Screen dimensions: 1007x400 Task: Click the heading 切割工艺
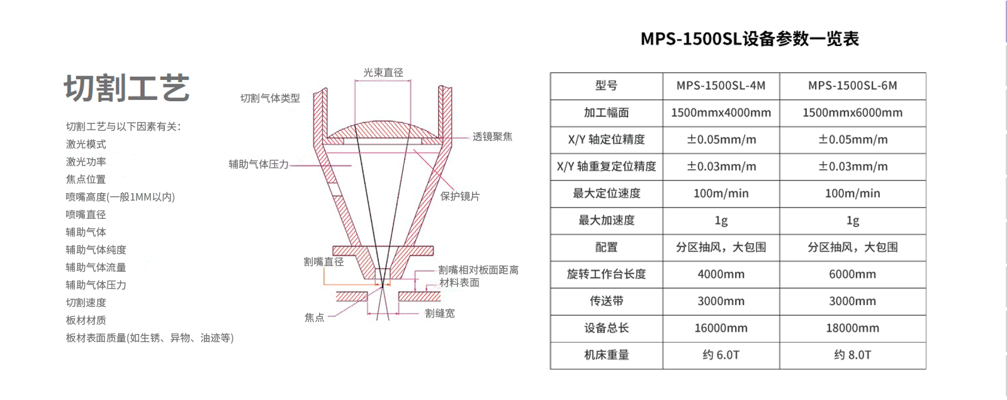(127, 88)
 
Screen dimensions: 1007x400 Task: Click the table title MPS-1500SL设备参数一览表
(750, 38)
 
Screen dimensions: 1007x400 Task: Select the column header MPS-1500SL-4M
(721, 86)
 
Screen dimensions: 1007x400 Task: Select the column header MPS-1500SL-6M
(852, 86)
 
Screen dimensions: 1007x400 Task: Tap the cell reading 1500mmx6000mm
(852, 113)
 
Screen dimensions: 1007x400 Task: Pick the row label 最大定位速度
(606, 194)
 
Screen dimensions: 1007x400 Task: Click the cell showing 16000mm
(721, 328)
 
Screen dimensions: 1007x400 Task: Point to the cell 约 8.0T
(852, 355)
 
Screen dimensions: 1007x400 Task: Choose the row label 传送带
(606, 301)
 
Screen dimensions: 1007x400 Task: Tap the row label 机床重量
(606, 355)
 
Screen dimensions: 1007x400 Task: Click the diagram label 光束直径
(383, 72)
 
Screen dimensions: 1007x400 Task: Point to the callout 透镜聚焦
(492, 136)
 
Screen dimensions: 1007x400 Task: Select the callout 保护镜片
(460, 196)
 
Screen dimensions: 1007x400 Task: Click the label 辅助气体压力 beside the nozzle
(259, 165)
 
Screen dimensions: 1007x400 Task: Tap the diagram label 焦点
(314, 318)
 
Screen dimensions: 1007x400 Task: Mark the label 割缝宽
(440, 313)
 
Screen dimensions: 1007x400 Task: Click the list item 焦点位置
(86, 179)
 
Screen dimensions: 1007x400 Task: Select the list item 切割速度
(86, 303)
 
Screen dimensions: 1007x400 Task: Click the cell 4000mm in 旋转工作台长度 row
(721, 274)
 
